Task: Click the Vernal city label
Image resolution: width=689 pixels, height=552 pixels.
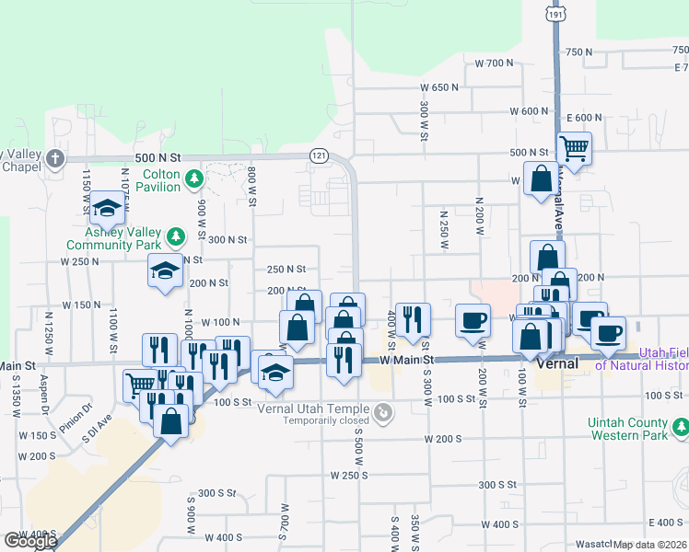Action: tap(556, 363)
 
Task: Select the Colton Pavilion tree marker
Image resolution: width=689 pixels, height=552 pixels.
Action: tap(193, 178)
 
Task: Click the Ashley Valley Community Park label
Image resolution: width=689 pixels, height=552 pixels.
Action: tap(113, 239)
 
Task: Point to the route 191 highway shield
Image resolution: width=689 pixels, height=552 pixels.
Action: tap(555, 14)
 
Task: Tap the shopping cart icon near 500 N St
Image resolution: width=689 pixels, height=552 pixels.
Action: tap(574, 146)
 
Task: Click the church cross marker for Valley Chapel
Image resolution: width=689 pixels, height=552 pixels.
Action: tap(55, 158)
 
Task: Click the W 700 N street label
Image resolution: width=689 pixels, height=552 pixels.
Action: tap(494, 63)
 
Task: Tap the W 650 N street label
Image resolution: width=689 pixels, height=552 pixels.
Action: tap(439, 86)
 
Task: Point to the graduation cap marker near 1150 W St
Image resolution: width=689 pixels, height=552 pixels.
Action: tap(108, 210)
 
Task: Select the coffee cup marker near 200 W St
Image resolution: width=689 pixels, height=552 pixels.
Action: tap(473, 319)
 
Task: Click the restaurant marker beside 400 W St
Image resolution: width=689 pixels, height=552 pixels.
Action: tap(413, 318)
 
